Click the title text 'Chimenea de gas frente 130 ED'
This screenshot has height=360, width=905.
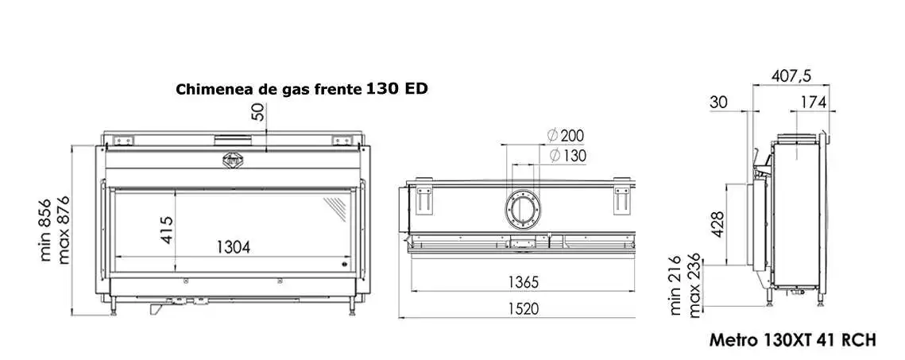[301, 90]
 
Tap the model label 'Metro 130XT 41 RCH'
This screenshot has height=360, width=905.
[792, 340]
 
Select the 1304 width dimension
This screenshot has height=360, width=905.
[234, 247]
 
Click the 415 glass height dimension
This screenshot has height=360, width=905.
[165, 229]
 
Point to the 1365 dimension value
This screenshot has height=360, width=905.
[524, 282]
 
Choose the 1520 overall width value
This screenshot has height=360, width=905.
[524, 308]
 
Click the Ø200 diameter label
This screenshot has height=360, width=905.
[565, 136]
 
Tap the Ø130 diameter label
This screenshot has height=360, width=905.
[567, 155]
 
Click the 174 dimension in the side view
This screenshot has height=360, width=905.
[814, 103]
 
